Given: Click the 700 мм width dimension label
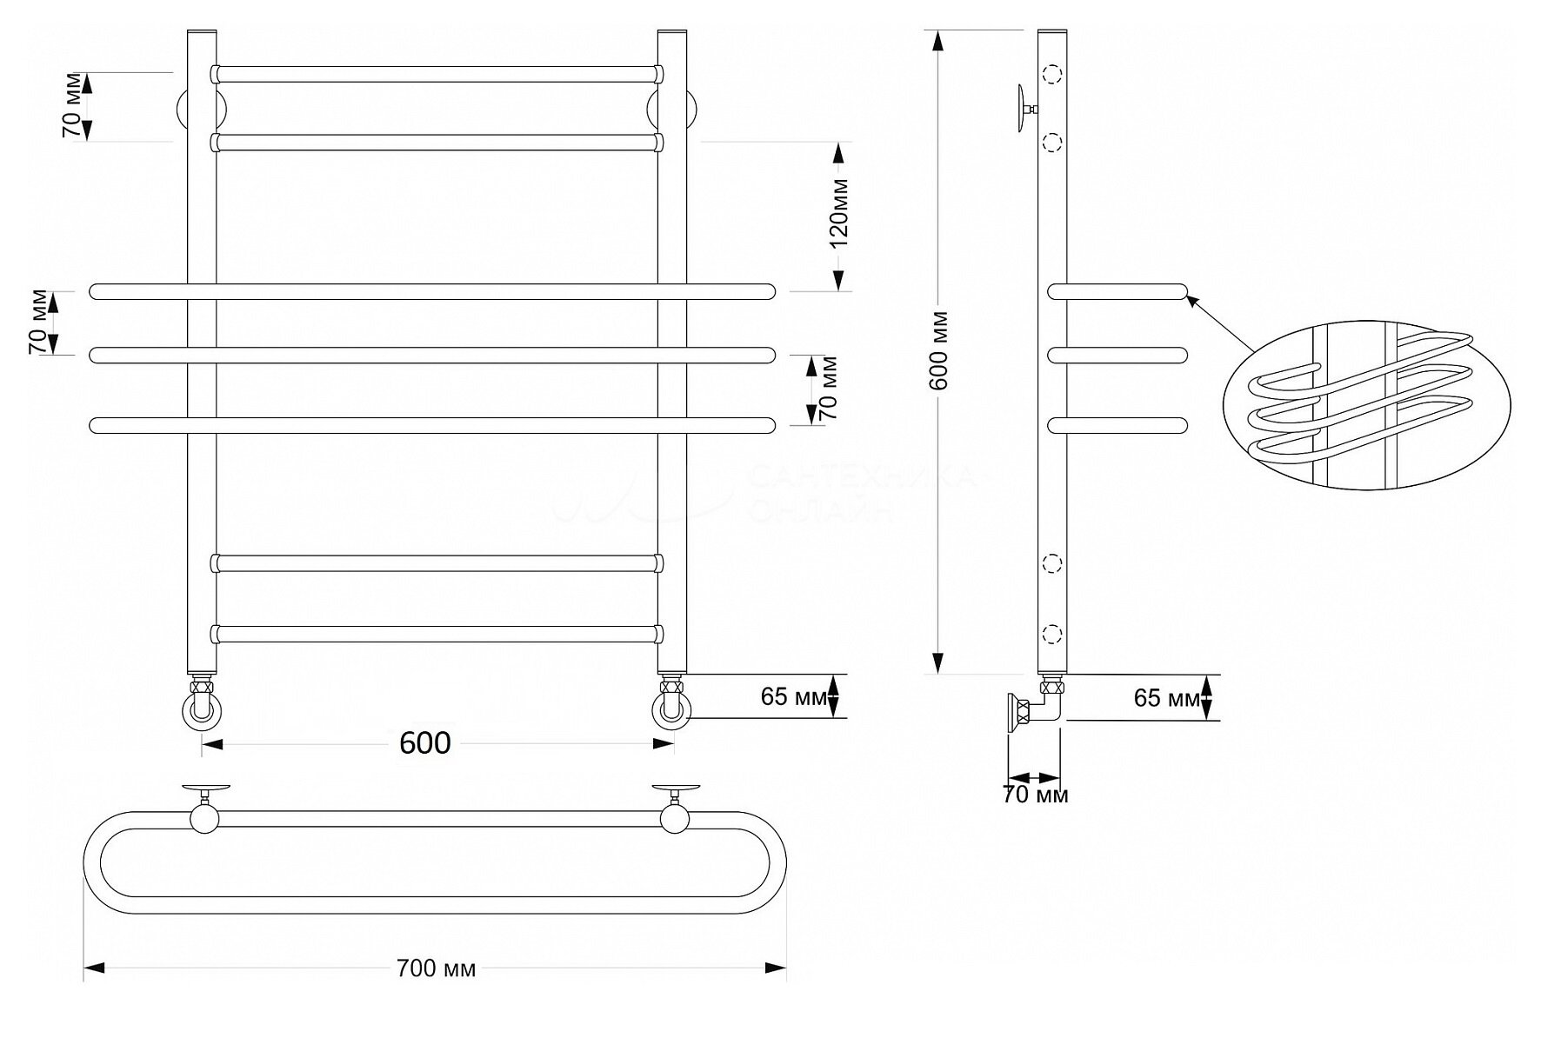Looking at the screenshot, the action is [x=436, y=968].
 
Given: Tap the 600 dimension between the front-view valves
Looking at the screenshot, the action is [x=425, y=743].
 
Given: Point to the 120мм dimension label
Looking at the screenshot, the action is [x=839, y=213].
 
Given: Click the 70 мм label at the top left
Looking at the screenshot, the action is [x=76, y=105].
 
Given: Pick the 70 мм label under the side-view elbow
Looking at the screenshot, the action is [x=1035, y=795].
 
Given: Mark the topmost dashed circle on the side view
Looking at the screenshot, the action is [x=1053, y=75].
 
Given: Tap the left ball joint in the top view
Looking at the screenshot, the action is [x=204, y=818].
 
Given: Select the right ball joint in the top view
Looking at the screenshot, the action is [x=675, y=818].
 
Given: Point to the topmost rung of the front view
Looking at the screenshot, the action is [x=437, y=74].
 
